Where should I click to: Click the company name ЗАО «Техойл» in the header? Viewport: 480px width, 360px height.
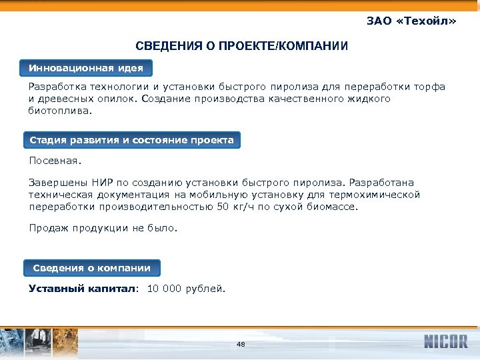(x=411, y=21)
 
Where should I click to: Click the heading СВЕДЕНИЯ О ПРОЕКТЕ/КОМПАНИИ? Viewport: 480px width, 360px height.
(x=241, y=46)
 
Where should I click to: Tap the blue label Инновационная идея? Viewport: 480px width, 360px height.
(x=85, y=68)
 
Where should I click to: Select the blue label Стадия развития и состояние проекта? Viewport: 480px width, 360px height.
(x=131, y=140)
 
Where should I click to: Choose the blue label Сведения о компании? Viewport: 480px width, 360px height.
(x=92, y=268)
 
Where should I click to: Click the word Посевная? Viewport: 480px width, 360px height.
(x=54, y=161)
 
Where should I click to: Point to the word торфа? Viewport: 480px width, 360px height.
(x=431, y=87)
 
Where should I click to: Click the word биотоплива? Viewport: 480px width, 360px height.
(x=59, y=111)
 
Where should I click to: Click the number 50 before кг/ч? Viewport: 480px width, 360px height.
(x=223, y=207)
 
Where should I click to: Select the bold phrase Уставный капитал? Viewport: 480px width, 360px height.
(x=82, y=289)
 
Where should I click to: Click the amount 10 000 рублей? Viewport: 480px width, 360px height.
(x=186, y=289)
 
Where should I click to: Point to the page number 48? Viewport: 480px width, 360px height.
(x=241, y=344)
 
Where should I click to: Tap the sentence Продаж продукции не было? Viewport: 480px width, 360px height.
(x=103, y=228)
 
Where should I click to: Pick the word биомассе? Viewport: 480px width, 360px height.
(x=333, y=207)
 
